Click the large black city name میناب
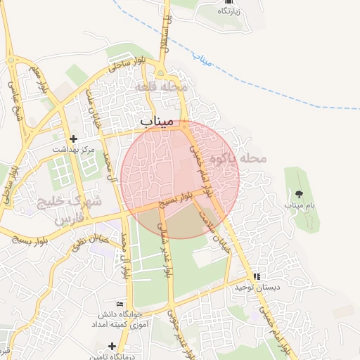[x=156, y=122]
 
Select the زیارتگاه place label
[x=232, y=12]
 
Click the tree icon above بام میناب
[x=300, y=194]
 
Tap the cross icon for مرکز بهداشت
[x=73, y=139]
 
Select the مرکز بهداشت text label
[x=73, y=150]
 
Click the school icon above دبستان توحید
[x=257, y=277]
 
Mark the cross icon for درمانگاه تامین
[x=112, y=345]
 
